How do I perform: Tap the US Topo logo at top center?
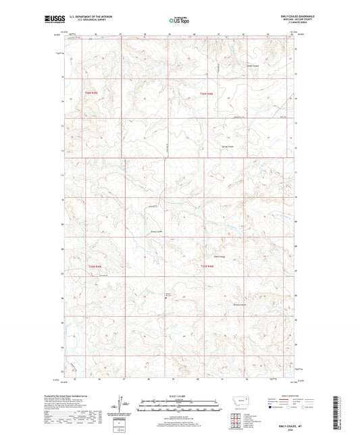(x=178, y=20)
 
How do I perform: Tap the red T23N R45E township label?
(x=92, y=267)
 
